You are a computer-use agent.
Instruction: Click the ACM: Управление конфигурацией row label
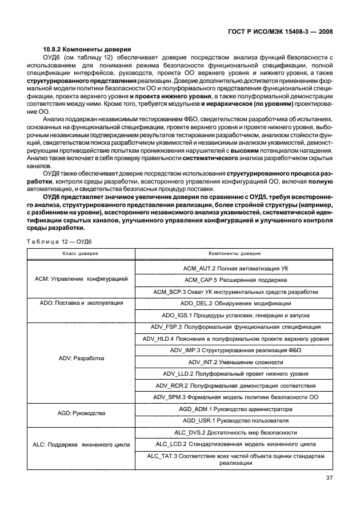tap(81, 279)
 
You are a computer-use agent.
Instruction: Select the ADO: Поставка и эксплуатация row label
tap(81, 303)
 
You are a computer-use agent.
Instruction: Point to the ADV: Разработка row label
tap(81, 358)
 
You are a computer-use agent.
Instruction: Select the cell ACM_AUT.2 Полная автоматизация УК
tap(235, 268)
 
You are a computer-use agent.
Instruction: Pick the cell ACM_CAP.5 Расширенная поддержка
tap(235, 280)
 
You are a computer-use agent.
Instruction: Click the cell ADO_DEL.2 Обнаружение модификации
tap(235, 303)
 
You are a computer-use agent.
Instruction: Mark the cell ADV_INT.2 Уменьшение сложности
tap(235, 362)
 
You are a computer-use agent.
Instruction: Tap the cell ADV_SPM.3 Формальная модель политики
tap(235, 397)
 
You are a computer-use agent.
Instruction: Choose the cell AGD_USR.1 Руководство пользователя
tap(235, 421)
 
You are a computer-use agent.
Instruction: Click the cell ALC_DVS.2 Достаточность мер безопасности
tap(235, 432)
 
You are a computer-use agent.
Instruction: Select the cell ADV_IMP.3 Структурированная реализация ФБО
tap(235, 350)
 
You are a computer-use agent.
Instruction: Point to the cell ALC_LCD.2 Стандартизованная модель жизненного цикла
tap(235, 444)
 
